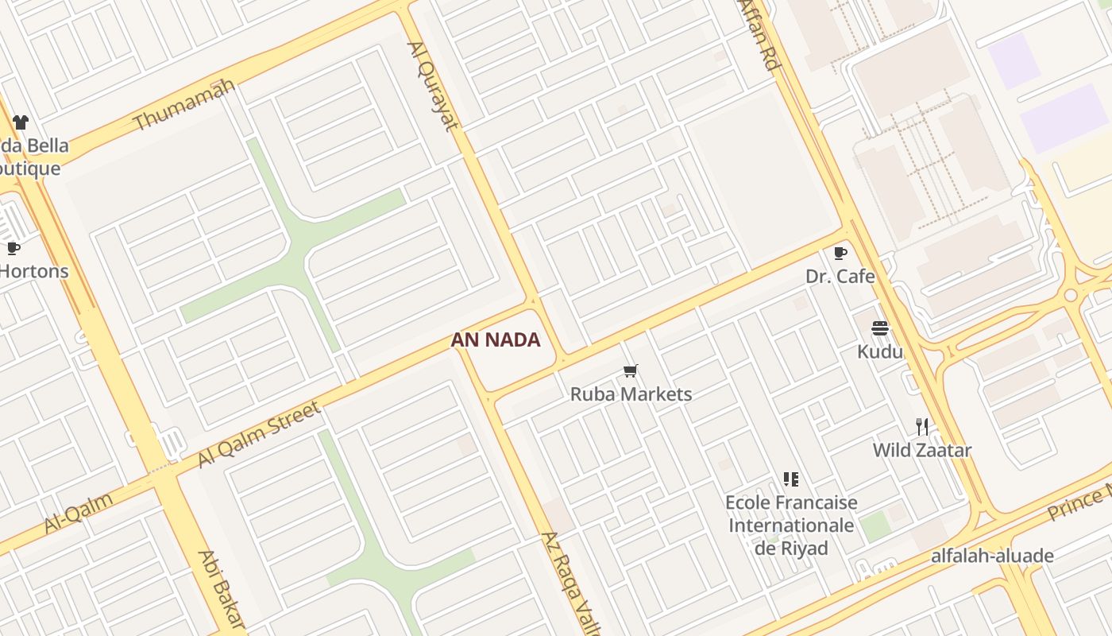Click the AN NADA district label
point(496,340)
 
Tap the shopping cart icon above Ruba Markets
point(631,370)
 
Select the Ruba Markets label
point(631,394)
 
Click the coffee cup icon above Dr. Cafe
point(840,253)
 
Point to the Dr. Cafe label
point(840,277)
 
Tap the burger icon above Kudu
point(879,328)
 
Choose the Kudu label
point(880,351)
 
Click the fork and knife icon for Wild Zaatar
point(922,427)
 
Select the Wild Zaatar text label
point(922,450)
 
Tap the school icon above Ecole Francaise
point(790,479)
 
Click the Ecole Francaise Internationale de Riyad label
point(791,525)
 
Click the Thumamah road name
point(184,104)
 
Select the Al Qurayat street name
point(433,85)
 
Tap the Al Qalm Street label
point(259,434)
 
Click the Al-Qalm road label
point(78,512)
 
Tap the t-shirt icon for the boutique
point(21,122)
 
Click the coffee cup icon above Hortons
point(13,248)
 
